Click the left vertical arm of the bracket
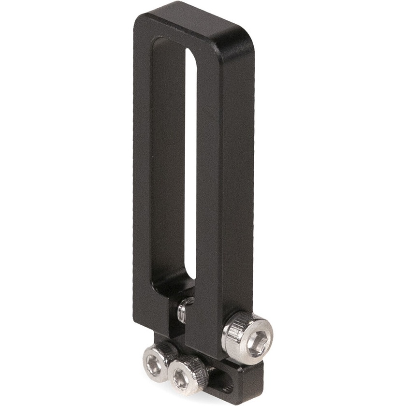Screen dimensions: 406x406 pyautogui.click(x=142, y=169)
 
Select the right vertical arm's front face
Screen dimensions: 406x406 pyautogui.click(x=210, y=193)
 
